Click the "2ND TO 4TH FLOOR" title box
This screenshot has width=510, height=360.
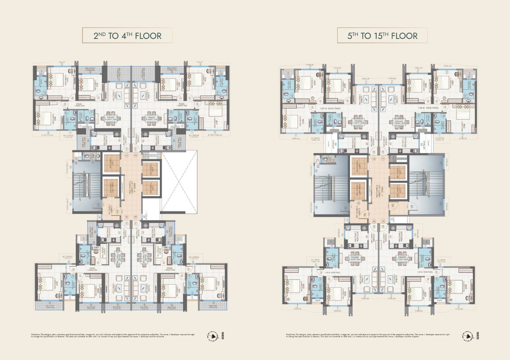click(127, 36)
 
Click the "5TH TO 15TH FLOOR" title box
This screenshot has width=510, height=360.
click(382, 36)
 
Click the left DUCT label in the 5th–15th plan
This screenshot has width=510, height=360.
click(317, 300)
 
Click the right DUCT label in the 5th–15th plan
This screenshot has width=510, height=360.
click(440, 300)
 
